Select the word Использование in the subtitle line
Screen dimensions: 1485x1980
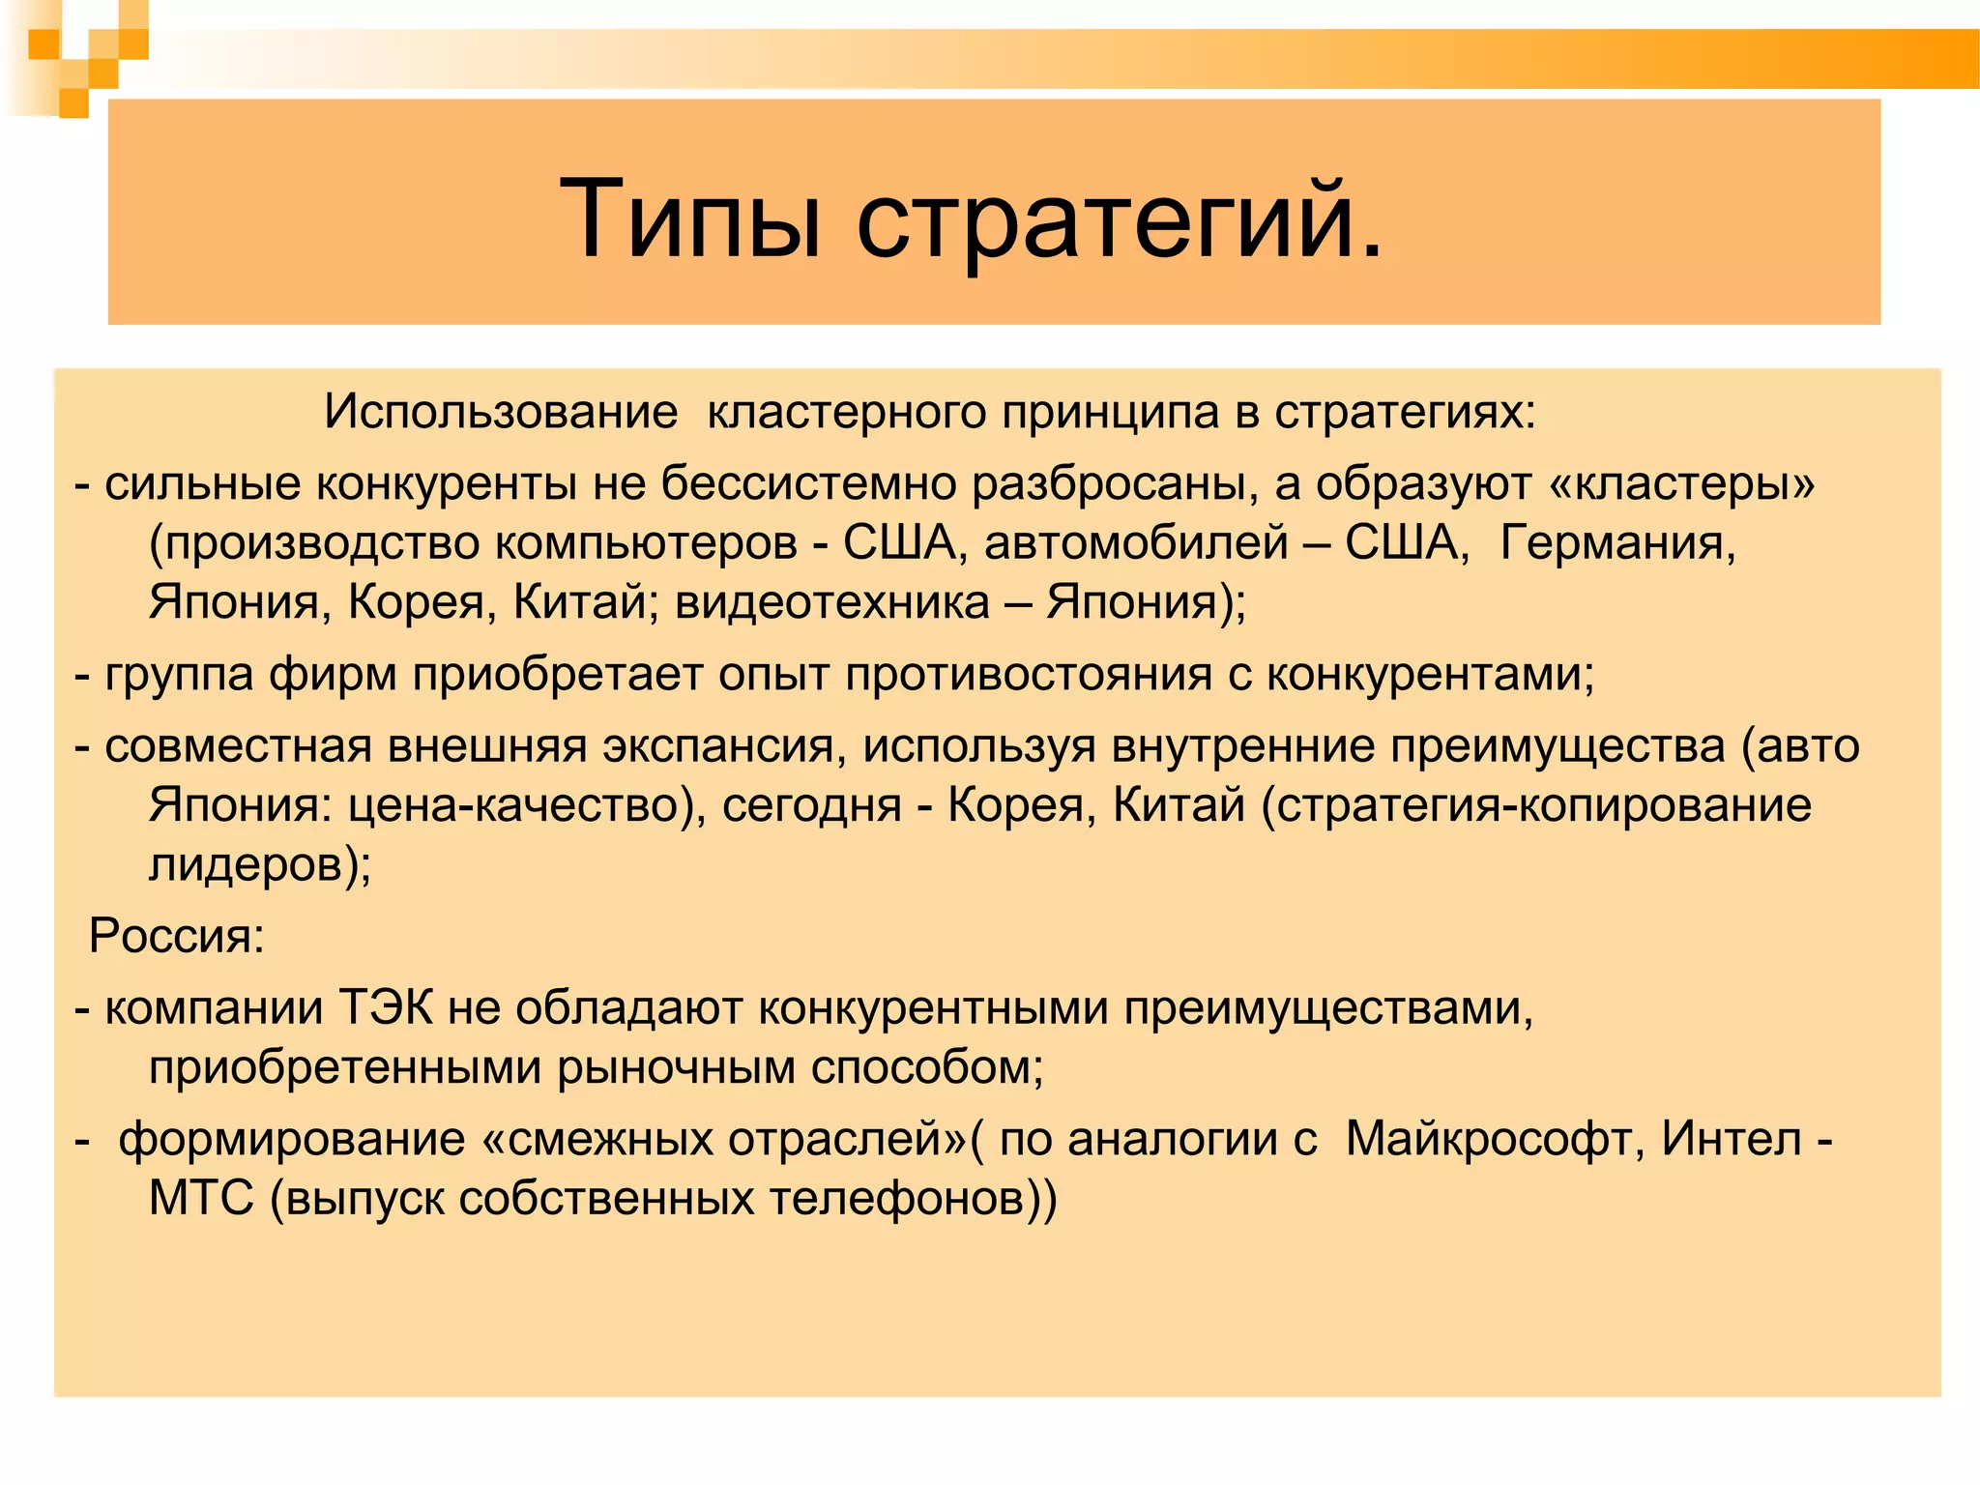501,413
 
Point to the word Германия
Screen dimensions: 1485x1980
1617,542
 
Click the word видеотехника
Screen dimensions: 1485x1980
832,602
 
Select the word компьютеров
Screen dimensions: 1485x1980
646,543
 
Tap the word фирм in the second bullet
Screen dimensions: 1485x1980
333,674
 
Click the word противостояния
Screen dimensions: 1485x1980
1028,674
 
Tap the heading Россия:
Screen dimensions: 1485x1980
177,936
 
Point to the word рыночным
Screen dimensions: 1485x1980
674,1067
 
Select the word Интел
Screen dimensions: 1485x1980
1732,1139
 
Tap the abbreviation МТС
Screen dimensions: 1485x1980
201,1199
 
